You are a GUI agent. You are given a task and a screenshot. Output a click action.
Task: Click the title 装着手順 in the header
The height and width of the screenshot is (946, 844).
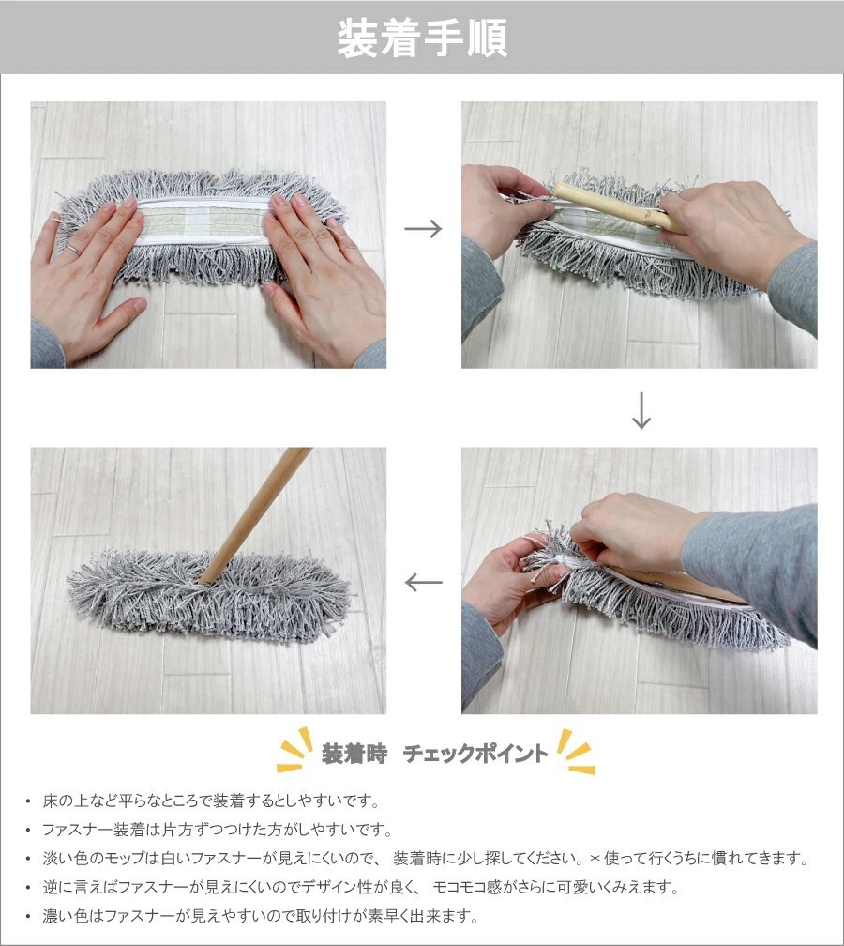422,38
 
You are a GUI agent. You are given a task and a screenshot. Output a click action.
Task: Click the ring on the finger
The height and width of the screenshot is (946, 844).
72,250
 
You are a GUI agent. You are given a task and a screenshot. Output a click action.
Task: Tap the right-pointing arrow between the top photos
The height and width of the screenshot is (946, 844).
423,229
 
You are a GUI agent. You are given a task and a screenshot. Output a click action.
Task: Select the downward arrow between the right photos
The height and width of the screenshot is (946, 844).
641,410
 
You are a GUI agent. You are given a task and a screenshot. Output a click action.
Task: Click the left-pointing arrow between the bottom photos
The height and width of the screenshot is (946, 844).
423,582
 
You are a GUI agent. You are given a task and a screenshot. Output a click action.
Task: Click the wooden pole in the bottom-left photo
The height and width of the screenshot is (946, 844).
255,516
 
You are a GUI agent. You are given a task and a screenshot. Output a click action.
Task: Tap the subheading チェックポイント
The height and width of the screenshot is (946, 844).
475,754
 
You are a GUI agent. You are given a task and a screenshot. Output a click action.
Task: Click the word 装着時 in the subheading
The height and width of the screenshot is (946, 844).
354,754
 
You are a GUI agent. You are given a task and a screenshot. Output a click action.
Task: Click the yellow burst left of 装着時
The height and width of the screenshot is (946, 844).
295,750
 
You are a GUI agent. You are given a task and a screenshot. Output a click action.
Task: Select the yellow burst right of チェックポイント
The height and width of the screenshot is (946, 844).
576,751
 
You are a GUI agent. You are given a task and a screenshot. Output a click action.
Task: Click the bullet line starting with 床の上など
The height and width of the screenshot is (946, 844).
211,801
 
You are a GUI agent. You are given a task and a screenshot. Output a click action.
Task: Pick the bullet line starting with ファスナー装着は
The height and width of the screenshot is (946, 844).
217,831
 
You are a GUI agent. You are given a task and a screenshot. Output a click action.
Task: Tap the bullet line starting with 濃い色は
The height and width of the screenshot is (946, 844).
261,917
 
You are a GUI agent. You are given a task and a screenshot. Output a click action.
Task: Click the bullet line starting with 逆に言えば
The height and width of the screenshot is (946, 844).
360,888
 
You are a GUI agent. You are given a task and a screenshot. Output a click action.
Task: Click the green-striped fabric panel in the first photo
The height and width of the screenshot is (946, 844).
202,221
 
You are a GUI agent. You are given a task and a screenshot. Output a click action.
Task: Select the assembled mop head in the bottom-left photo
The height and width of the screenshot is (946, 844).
208,594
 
